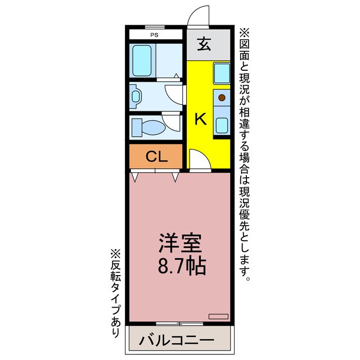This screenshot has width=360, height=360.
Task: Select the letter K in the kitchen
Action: [x=200, y=119]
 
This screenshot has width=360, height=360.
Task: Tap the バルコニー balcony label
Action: [x=177, y=341]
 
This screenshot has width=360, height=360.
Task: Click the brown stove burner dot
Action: [x=222, y=98]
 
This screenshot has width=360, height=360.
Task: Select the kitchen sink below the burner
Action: [x=222, y=124]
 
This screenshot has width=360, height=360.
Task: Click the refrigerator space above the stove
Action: [x=222, y=73]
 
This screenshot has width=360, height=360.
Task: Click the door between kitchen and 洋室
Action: [x=199, y=160]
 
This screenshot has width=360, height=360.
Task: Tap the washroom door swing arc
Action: [x=175, y=94]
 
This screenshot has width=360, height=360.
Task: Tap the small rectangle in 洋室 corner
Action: [x=218, y=316]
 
